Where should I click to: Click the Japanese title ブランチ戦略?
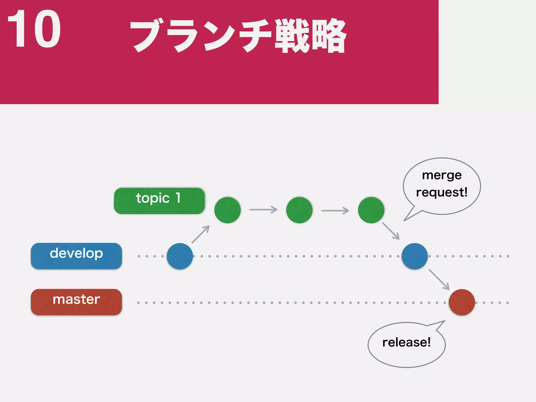[238, 36]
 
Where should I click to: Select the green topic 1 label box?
[159, 201]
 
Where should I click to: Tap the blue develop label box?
[76, 256]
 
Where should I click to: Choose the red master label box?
[76, 302]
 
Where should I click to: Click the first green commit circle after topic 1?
[227, 210]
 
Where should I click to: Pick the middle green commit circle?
[299, 210]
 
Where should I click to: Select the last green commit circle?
[371, 210]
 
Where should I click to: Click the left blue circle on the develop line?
[180, 256]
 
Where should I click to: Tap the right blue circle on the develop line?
[415, 256]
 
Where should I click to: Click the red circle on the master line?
[462, 302]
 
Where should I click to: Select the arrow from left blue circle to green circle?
[201, 234]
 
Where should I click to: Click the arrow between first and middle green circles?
[263, 210]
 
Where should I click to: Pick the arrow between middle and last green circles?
[335, 210]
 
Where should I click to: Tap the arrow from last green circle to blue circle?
[391, 231]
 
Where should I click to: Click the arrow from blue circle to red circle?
[439, 279]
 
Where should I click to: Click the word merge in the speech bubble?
[442, 175]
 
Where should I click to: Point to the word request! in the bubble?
[442, 192]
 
